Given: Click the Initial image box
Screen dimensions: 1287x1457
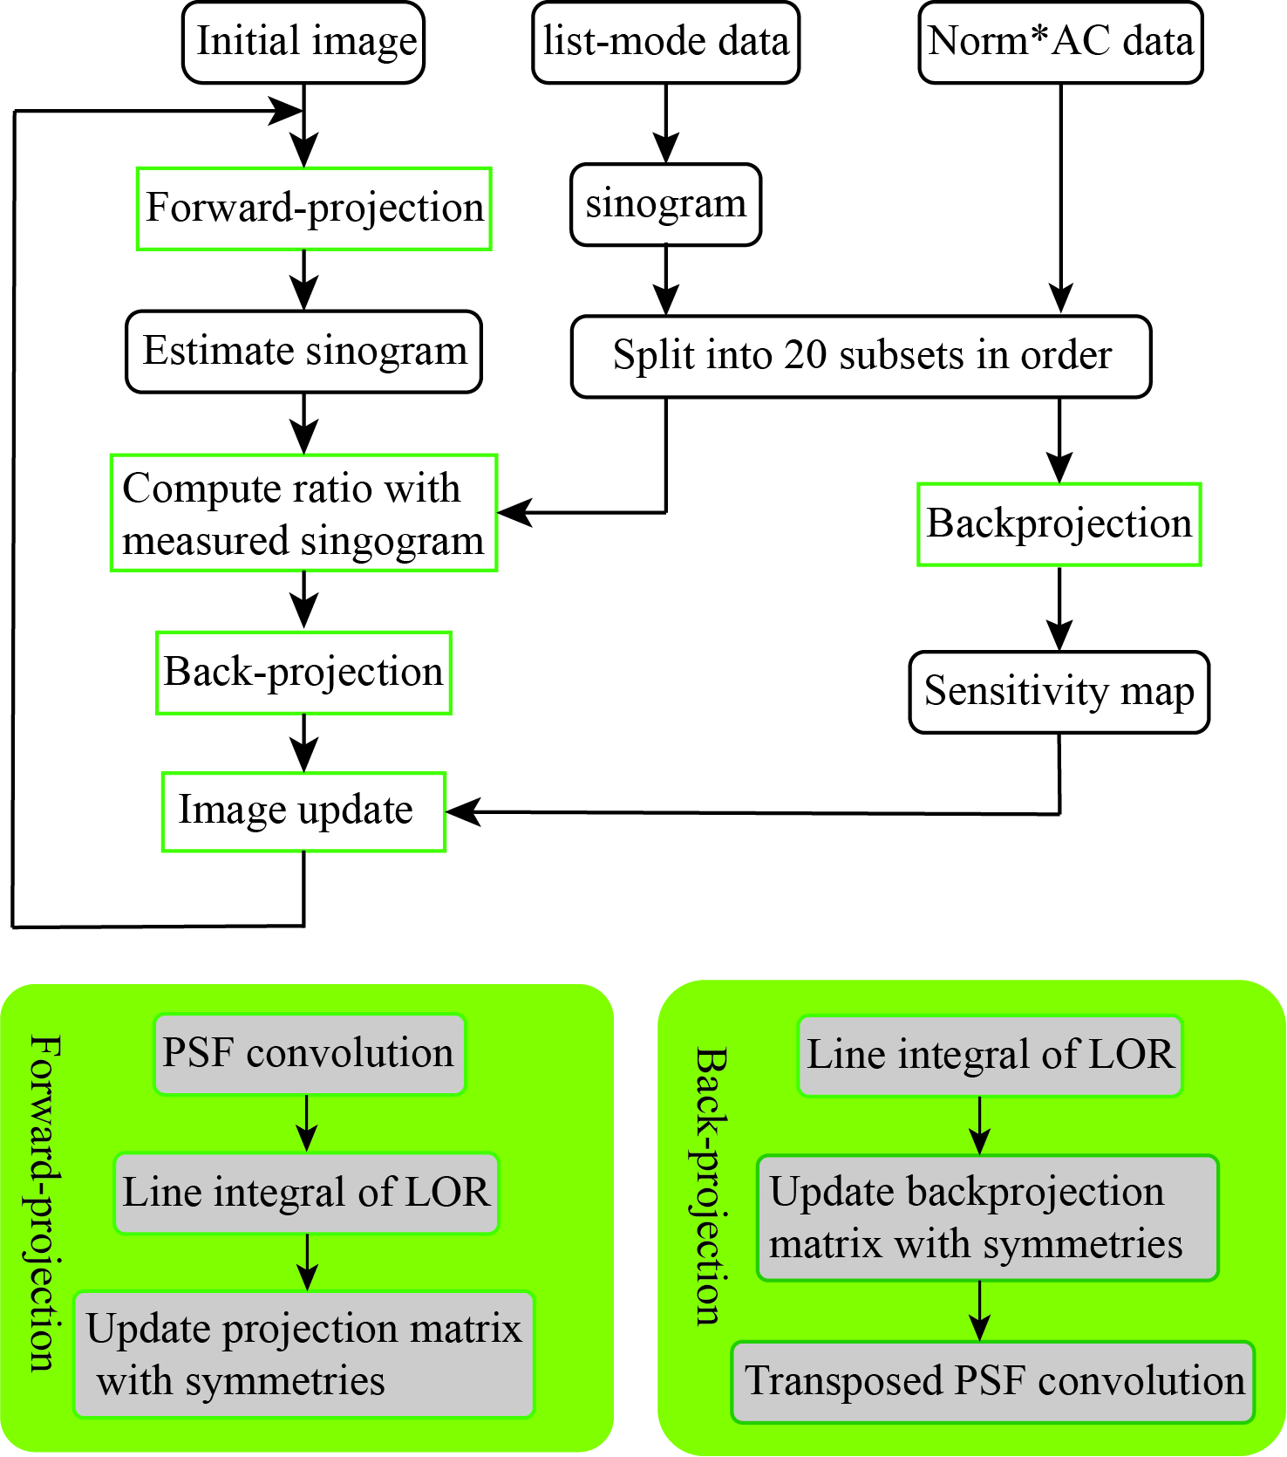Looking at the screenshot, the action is (303, 43).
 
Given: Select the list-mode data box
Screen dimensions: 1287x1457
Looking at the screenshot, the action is (666, 43).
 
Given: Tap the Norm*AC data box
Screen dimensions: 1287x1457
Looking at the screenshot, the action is (1061, 43).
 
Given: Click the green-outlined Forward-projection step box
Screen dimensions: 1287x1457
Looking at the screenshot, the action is (314, 209).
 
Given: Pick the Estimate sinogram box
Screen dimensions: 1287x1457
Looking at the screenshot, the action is (303, 352).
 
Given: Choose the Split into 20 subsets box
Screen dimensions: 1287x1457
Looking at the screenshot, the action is (861, 356).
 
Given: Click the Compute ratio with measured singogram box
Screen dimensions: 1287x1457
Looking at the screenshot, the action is (303, 513).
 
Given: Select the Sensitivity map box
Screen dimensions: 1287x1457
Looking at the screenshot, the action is (1059, 692).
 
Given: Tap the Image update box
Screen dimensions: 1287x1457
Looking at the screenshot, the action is (303, 811).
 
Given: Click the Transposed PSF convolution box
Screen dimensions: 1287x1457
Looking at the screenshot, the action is (993, 1382).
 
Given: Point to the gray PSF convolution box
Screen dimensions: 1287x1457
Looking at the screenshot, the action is (310, 1054).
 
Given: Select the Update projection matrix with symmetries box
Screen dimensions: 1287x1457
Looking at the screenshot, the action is (303, 1354).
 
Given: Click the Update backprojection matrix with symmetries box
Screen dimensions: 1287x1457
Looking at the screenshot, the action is (987, 1218).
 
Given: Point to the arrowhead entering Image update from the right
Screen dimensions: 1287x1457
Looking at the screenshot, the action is (462, 812).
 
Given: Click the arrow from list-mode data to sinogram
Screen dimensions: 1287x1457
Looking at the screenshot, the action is (666, 124).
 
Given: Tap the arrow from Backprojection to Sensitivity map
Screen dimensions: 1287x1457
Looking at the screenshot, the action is (1059, 608).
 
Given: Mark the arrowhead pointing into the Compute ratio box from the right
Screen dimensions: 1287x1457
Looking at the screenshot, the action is (514, 512).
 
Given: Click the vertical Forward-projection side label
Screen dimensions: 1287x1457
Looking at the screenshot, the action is (44, 1204).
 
